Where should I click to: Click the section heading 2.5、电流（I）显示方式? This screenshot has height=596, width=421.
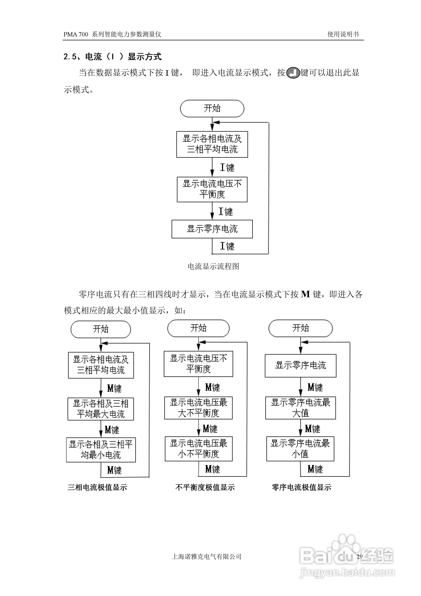click(x=112, y=57)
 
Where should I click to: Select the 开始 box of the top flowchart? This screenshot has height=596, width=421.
click(x=212, y=108)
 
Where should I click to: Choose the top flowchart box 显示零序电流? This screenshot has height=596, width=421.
click(x=212, y=229)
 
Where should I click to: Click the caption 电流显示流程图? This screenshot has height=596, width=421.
click(x=213, y=266)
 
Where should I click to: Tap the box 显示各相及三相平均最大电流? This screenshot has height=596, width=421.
click(x=101, y=409)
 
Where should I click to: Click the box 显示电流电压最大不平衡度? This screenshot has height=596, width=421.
click(x=198, y=408)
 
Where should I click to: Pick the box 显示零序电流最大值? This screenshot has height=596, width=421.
click(x=300, y=408)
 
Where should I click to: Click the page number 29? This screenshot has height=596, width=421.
click(x=359, y=556)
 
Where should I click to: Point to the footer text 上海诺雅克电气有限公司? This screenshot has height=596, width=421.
click(x=207, y=556)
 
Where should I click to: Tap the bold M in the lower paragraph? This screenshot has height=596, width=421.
click(x=305, y=294)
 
